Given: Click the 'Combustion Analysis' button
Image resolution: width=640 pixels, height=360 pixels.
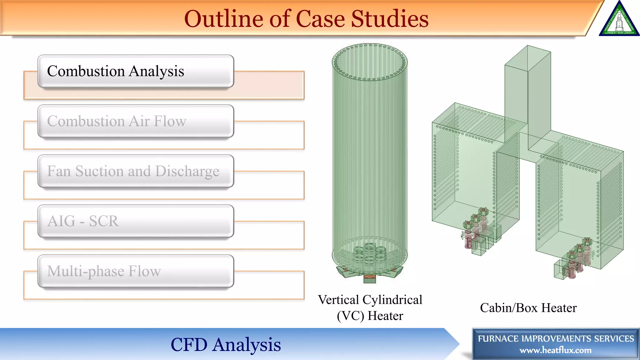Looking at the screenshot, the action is [x=136, y=71].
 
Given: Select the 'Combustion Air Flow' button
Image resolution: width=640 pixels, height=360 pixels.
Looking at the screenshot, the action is [x=136, y=121].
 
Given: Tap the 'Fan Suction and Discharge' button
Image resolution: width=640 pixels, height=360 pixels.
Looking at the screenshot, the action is [x=136, y=171].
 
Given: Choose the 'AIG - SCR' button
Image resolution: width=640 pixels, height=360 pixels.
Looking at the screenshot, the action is [x=136, y=221].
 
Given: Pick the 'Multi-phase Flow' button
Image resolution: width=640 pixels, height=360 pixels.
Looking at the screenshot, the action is [x=136, y=271].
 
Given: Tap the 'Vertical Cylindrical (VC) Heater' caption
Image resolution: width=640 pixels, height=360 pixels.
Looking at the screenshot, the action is [x=370, y=307].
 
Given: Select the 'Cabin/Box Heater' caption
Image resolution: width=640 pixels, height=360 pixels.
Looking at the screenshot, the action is [x=528, y=308].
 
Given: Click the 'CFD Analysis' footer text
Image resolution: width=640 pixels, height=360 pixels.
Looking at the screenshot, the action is [x=226, y=344].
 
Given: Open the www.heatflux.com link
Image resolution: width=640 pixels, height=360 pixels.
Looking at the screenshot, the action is [x=555, y=350].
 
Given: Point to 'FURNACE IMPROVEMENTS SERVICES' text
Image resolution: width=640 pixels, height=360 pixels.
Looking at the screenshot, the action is [x=556, y=338].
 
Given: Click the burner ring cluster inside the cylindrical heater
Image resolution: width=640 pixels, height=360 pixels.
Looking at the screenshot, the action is [x=370, y=253].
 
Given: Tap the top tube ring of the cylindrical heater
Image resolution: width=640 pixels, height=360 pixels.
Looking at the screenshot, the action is [x=370, y=62].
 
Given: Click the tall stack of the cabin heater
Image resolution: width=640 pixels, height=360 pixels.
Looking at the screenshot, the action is [x=527, y=94].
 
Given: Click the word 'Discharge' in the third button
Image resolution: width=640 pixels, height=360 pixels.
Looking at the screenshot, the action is [x=187, y=171].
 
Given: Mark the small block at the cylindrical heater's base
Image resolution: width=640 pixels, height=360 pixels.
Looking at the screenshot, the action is [x=370, y=279].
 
